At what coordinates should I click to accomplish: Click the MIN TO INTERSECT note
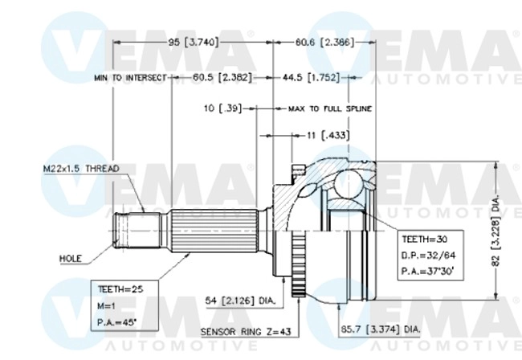pos(129,78)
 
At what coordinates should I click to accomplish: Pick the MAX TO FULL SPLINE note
pos(329,107)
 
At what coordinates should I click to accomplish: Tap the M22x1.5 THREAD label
pos(81,169)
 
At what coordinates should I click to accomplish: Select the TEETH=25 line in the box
pos(112,288)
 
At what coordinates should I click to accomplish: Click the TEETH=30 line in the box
pos(419,239)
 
